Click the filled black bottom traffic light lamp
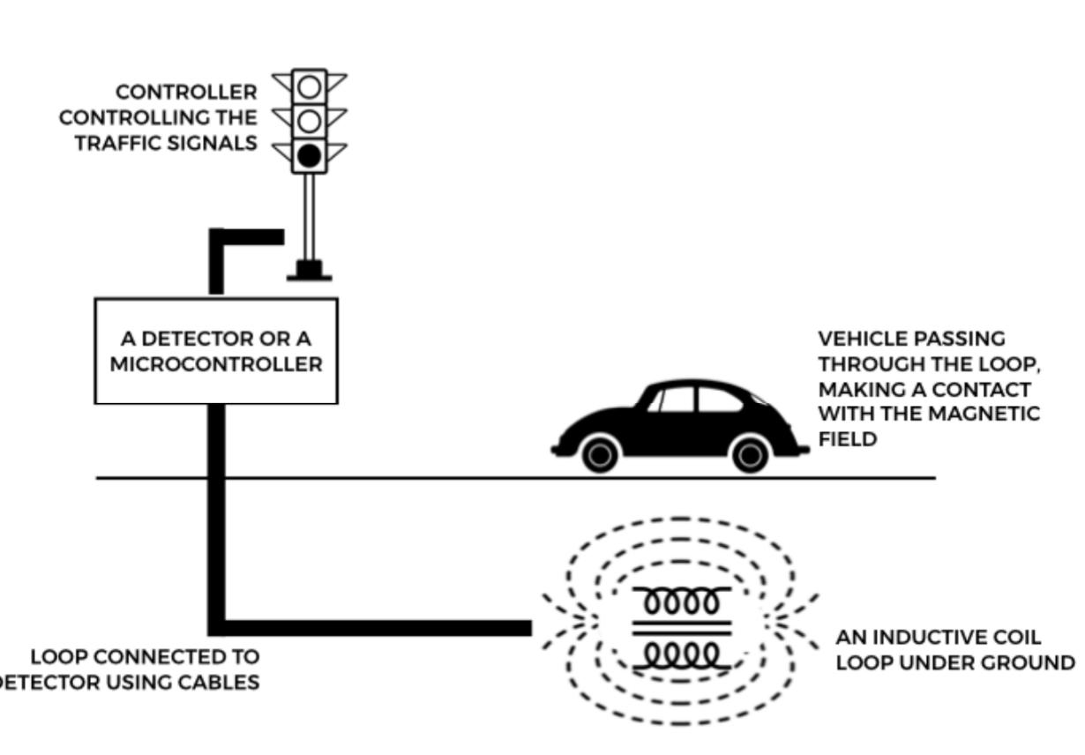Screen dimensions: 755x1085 309,157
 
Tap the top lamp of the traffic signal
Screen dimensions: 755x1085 309,86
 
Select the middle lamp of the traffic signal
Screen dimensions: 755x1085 309,121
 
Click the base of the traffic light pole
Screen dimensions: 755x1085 310,271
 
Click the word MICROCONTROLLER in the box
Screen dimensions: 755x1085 216,364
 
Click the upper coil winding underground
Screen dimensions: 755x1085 682,602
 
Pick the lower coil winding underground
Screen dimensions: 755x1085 682,654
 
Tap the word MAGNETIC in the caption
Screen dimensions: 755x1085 990,414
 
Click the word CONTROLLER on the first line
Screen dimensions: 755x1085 187,92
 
